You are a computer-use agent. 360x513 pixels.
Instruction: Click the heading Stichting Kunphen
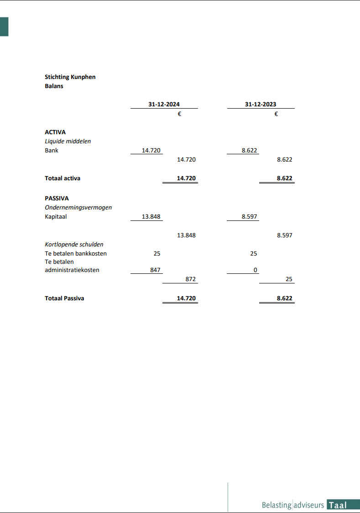point(70,77)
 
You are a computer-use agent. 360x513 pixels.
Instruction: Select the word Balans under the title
point(54,86)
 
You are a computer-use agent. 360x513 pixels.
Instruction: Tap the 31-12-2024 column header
point(164,105)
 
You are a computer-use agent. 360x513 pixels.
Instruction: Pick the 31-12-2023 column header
point(261,105)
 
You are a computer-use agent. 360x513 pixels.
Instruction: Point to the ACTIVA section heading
point(55,132)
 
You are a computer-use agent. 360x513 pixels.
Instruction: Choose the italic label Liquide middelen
point(68,141)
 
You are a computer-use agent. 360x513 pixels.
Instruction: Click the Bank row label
point(52,151)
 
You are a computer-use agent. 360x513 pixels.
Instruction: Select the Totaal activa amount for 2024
point(186,178)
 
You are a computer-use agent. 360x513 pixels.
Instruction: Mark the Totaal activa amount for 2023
point(284,178)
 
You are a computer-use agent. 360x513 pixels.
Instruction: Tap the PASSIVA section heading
point(57,199)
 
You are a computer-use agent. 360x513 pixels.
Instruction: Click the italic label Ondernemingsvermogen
point(78,208)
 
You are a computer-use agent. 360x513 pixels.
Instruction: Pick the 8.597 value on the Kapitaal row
point(249,217)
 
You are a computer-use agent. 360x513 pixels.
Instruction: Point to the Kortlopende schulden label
point(74,245)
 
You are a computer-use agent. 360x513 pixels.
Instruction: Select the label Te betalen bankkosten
point(76,254)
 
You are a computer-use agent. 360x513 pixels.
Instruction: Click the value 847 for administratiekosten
point(155,270)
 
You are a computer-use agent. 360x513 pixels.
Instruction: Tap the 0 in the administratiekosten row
point(256,270)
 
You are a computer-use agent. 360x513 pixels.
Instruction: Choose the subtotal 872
point(190,279)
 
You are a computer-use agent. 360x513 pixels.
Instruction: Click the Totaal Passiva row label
point(64,298)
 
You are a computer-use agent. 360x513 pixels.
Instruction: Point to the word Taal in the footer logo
point(338,505)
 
